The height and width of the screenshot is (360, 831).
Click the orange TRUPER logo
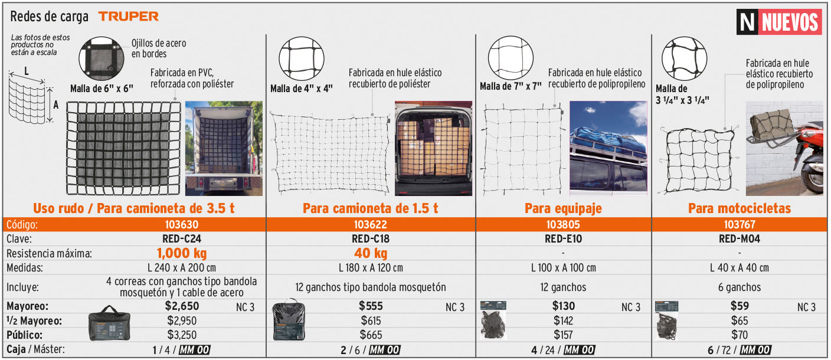128,17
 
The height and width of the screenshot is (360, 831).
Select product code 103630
182,224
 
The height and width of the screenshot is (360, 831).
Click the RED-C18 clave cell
371,238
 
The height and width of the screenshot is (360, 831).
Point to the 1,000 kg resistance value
182,253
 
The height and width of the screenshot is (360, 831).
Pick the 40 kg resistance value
371,253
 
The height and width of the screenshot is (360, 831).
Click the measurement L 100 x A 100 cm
563,267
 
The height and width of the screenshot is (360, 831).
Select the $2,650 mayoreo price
182,306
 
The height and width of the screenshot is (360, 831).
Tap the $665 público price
371,335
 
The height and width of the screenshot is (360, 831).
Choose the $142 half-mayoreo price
563,320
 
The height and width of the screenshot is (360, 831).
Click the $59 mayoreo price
740,306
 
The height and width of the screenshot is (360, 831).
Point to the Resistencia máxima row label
50,254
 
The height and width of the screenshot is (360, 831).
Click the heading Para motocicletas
740,208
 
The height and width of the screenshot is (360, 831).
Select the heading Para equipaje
563,208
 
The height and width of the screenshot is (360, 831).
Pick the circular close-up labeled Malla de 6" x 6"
102,58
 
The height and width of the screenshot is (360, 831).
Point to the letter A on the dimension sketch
55,105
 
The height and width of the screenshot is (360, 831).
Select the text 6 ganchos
740,287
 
